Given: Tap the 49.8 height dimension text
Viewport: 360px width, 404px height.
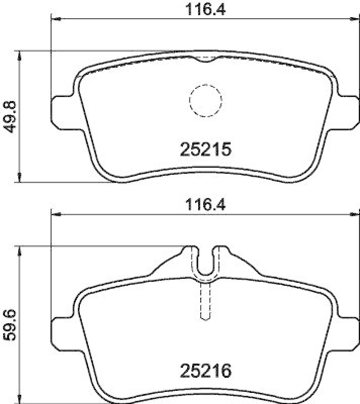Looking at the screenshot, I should point(11,116).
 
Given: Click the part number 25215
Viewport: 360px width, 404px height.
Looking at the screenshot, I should point(205,149).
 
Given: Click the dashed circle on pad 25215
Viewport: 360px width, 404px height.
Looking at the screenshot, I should point(205,99).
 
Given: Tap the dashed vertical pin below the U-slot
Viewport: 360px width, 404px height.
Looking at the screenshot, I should point(205,300).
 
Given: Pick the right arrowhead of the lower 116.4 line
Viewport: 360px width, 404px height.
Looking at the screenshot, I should point(352,215).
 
